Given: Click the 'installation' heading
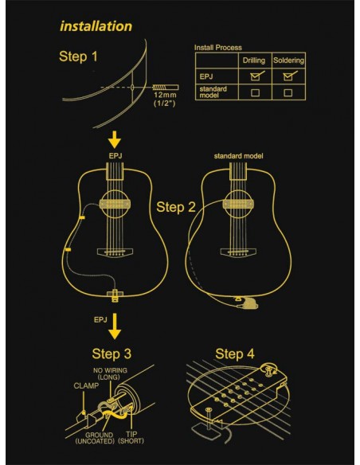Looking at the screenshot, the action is [96, 26].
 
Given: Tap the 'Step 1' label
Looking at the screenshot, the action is [78, 57].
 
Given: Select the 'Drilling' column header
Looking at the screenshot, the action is [254, 61].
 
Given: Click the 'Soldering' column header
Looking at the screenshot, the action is [288, 61].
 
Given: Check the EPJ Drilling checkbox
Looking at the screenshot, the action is [255, 76].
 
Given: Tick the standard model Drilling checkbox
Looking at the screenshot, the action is [255, 93].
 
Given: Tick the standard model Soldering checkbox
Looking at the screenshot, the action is [288, 93].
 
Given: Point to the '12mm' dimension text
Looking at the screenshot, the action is [165, 96].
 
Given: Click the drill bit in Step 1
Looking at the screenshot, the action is [166, 88].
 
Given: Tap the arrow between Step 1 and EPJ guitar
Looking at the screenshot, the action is [115, 139].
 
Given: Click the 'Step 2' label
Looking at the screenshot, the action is [176, 207].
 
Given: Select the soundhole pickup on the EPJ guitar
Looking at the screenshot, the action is [115, 204].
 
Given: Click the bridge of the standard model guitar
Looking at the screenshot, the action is [238, 252].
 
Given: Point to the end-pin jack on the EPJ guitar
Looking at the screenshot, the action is [115, 295].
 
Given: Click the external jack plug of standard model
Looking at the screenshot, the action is [248, 303].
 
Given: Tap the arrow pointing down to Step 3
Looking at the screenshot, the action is [115, 326].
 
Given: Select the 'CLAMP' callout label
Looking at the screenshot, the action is [86, 386].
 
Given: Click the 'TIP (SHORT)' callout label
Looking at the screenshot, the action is [131, 438].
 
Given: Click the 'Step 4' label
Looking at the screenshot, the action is [235, 354].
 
